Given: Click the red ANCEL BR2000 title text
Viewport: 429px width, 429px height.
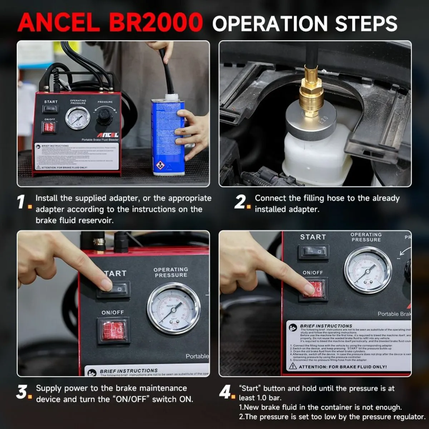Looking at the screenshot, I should click(110, 23).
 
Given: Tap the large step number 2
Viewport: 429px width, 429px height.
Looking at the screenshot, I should click(241, 202).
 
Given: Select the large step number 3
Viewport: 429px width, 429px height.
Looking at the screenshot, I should click(22, 392).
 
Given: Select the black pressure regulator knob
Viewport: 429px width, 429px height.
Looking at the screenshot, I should click(104, 117).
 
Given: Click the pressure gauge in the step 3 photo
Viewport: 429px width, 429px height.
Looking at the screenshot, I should click(174, 308).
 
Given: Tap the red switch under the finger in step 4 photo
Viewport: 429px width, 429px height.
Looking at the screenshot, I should click(314, 289).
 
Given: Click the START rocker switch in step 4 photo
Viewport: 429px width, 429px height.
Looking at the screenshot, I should click(314, 252).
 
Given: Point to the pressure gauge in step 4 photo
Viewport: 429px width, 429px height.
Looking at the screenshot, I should click(368, 270).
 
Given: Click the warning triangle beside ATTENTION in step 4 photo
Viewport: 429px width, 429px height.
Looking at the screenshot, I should click(293, 366).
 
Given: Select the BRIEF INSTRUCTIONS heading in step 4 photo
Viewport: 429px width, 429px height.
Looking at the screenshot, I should click(326, 326).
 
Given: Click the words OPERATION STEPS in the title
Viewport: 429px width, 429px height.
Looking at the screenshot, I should click(305, 23).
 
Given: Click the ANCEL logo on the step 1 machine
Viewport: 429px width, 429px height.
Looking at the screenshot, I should click(108, 135).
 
